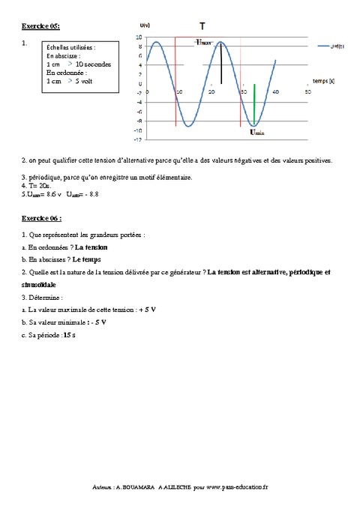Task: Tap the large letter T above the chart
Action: tap(202, 25)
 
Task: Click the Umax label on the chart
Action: tap(204, 42)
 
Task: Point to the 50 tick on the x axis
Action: tap(307, 91)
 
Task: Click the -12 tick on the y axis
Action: tap(137, 139)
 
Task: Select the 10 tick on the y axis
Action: tap(138, 37)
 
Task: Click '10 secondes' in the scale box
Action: tap(93, 64)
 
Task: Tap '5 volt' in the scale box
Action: tap(88, 80)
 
